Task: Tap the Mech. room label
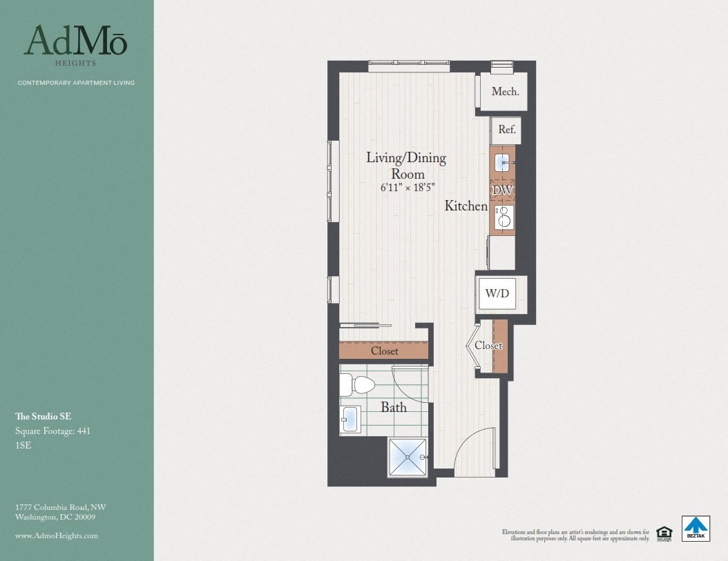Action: [x=505, y=92]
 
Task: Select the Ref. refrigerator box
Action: [x=507, y=130]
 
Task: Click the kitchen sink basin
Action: [x=502, y=163]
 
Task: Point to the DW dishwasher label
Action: [x=502, y=189]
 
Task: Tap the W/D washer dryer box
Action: [x=497, y=293]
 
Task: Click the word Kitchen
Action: [x=466, y=206]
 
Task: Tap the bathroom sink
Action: [x=350, y=419]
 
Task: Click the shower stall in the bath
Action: [x=408, y=456]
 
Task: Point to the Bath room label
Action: [x=394, y=407]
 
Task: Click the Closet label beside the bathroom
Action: [x=384, y=351]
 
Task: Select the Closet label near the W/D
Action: [x=488, y=345]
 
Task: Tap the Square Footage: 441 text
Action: [x=52, y=431]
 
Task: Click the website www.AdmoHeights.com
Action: [x=56, y=535]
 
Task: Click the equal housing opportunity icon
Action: [x=664, y=532]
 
